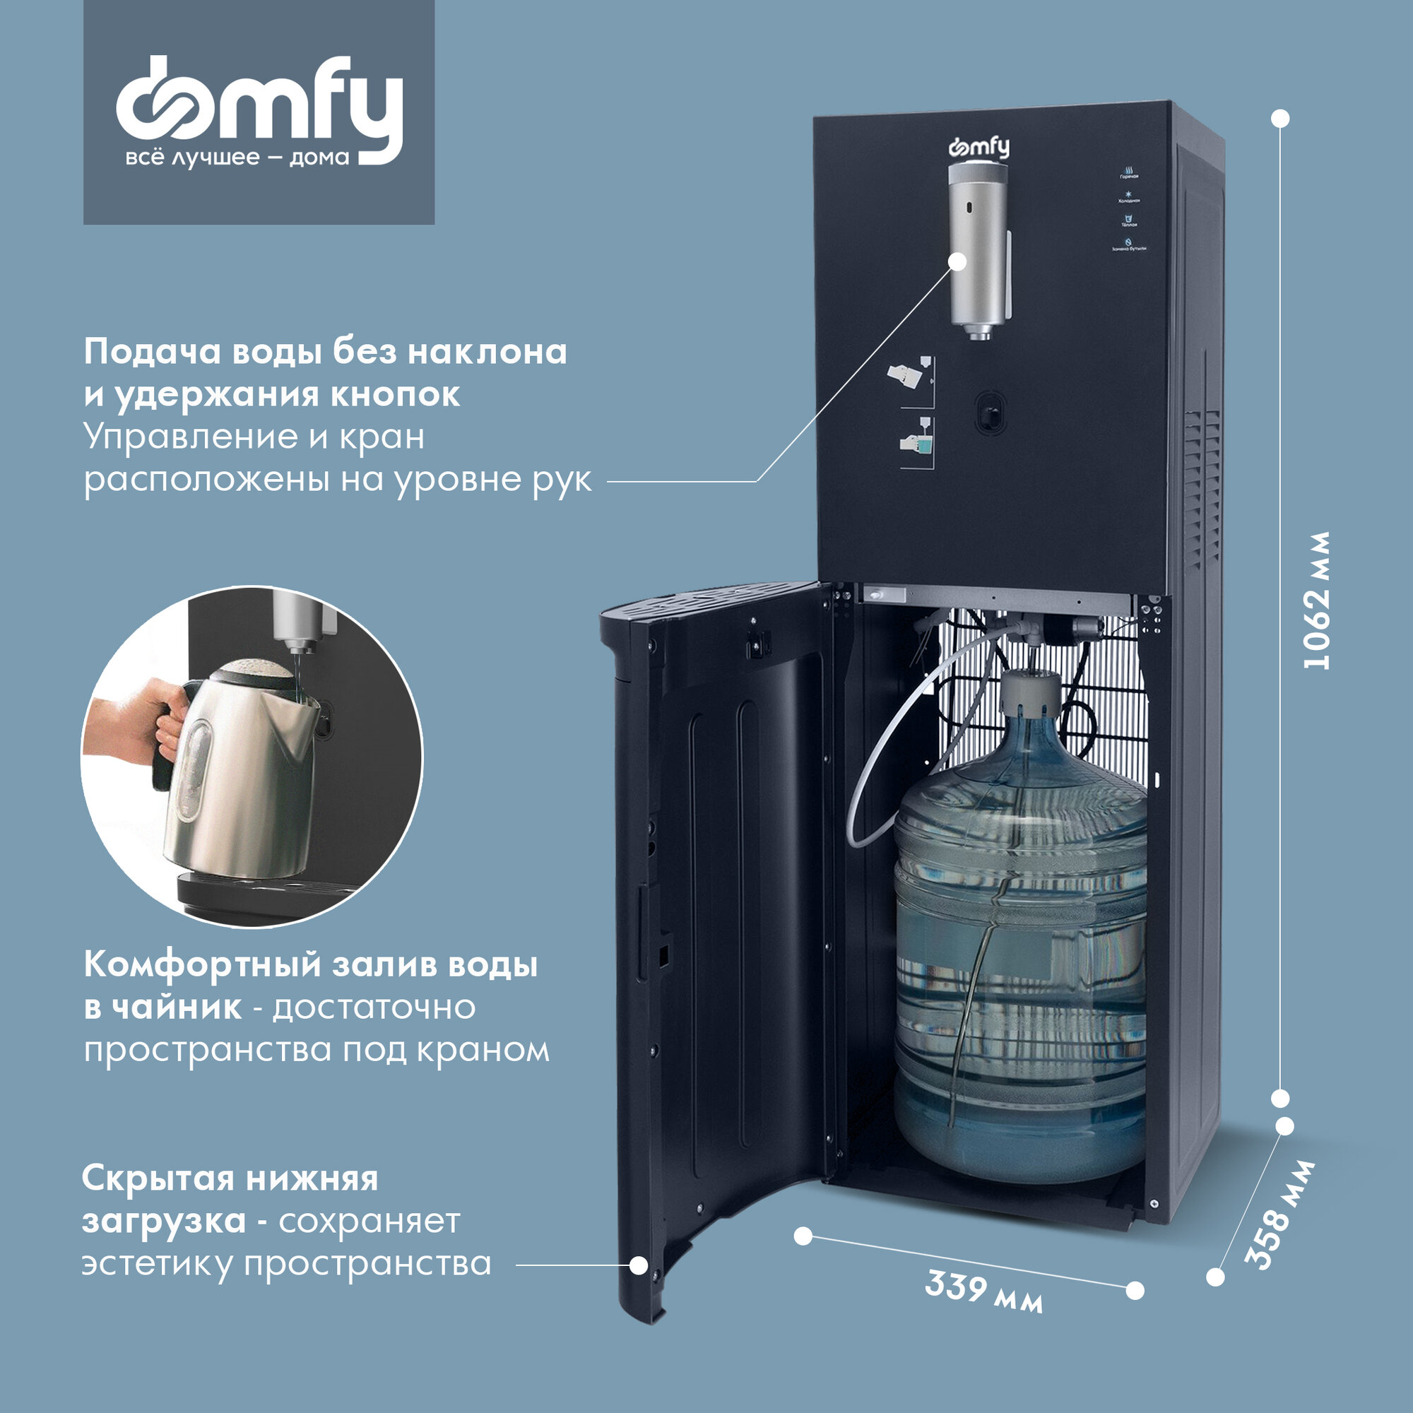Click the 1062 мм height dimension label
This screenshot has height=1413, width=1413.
1316,600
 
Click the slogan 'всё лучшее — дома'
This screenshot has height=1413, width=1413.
237,158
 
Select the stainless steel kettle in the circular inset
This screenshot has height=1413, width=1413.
242,768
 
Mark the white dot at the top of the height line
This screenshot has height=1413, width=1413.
1281,119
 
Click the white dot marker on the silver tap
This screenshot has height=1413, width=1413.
957,262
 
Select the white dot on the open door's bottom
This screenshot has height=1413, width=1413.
639,1265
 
